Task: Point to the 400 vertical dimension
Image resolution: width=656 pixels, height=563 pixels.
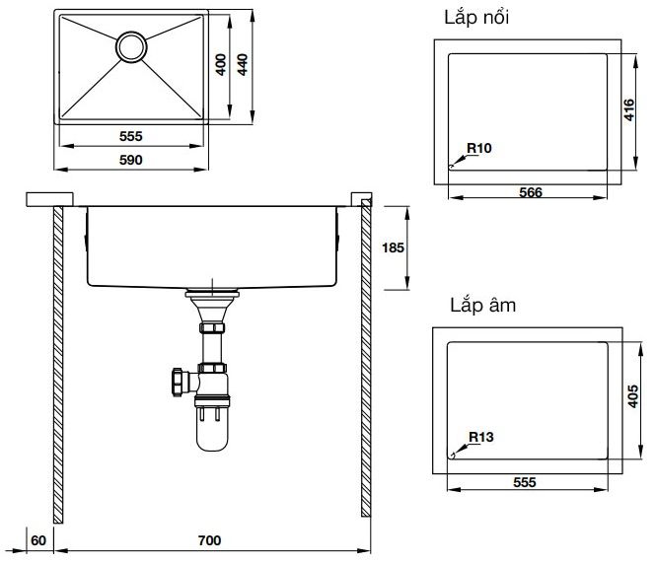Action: coord(222,65)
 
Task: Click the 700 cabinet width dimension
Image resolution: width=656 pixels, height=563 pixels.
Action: coord(208,540)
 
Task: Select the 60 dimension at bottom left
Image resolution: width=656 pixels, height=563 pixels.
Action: coord(38,540)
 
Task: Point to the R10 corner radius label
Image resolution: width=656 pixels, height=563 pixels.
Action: coord(479,148)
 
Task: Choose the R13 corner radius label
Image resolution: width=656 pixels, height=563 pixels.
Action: coord(480,436)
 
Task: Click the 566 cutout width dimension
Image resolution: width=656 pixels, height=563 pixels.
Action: coord(531,193)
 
